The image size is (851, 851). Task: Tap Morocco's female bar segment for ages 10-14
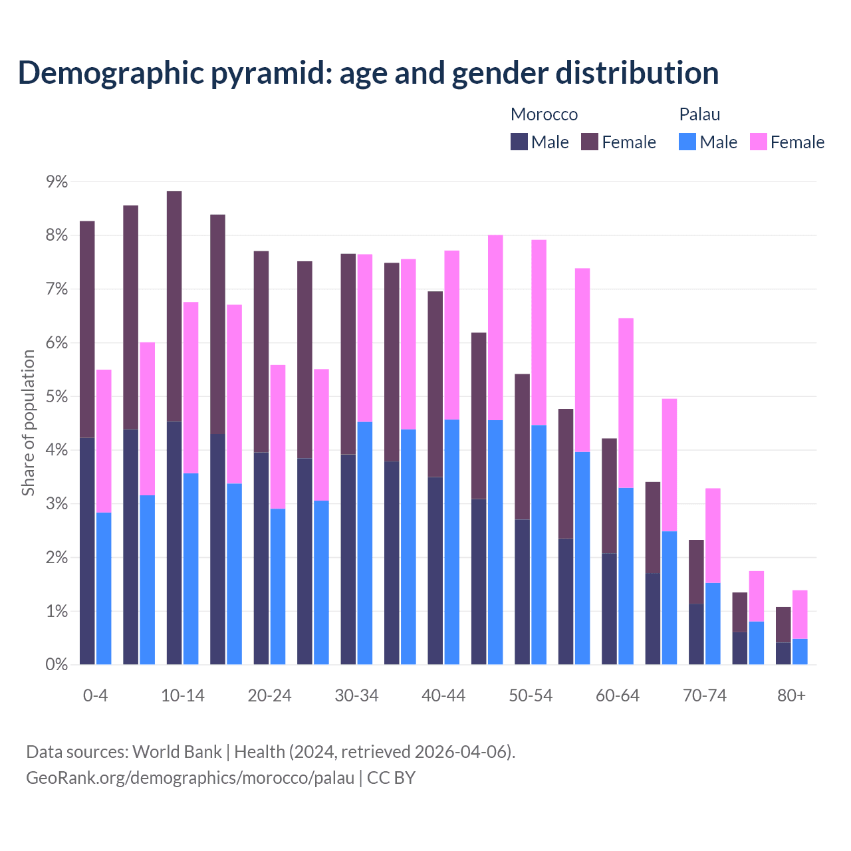[x=174, y=306]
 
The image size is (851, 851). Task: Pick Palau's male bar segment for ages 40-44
[x=452, y=542]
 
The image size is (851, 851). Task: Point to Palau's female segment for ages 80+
[x=800, y=614]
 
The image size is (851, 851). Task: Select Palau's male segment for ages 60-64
[x=626, y=576]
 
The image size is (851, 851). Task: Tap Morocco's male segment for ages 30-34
[x=348, y=559]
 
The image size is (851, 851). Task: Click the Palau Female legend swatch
[x=759, y=142]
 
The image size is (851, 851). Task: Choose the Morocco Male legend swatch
[x=519, y=142]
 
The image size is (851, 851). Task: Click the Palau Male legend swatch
[x=687, y=142]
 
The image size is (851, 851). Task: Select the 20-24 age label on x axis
[x=269, y=695]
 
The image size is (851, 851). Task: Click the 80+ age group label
[x=791, y=695]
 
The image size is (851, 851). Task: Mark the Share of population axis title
[x=28, y=423]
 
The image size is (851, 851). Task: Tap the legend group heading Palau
[x=699, y=114]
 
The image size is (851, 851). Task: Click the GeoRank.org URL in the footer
[x=190, y=777]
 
